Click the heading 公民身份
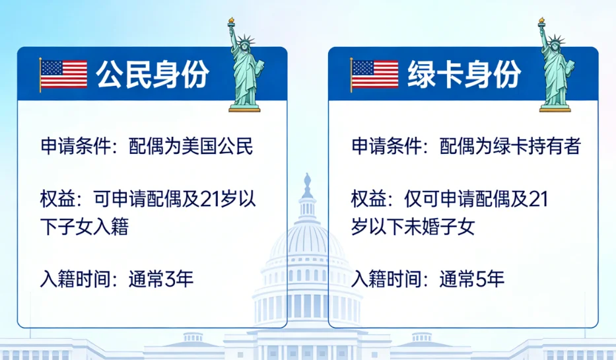[153, 75]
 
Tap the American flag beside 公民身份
[63, 75]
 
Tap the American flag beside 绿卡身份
[374, 75]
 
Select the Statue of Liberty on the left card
[244, 69]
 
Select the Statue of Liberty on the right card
[555, 69]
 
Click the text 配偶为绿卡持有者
[510, 146]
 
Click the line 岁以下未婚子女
[413, 227]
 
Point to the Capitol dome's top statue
[307, 182]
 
